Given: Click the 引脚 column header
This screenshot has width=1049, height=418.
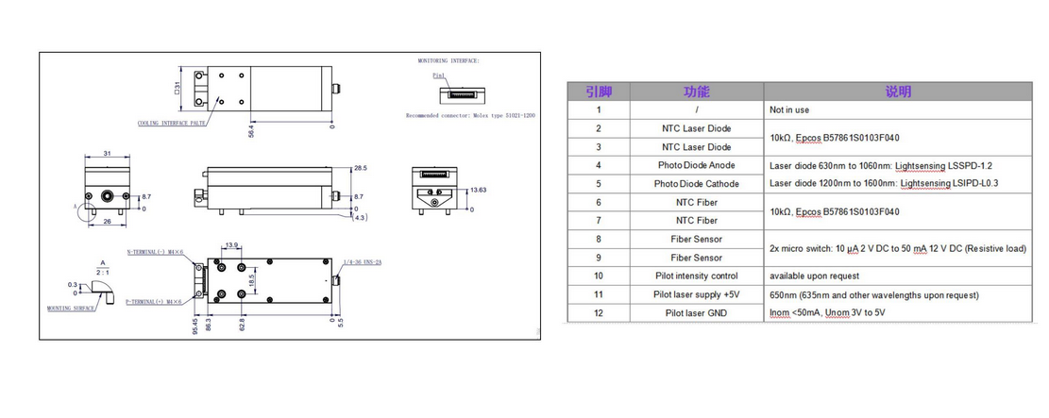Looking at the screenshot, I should tap(598, 92).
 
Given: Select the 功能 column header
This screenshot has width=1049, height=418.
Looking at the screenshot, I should tap(696, 92).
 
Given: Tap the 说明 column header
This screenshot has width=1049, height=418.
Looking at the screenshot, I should tap(897, 92).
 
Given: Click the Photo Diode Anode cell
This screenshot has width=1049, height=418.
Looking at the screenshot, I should tap(696, 165).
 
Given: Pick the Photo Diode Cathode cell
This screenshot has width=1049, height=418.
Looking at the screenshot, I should tap(696, 183).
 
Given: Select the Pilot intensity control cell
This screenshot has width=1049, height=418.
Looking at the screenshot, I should tap(696, 276).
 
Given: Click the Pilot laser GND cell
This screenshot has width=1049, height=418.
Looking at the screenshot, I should tap(696, 312).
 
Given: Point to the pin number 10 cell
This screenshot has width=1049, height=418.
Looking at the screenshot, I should tap(598, 276).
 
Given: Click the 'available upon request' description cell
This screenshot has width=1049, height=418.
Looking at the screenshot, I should tap(816, 276).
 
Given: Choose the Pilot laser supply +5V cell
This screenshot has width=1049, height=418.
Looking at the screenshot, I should tap(696, 294).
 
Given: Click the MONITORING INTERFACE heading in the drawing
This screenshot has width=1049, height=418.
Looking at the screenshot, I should tap(448, 60).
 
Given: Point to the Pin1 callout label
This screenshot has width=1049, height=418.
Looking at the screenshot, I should tap(438, 75).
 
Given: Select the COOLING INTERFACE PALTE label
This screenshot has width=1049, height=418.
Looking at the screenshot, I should tap(172, 123).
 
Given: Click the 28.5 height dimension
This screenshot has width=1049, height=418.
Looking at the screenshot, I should tap(360, 167).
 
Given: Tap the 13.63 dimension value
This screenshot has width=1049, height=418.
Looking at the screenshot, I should tap(479, 190).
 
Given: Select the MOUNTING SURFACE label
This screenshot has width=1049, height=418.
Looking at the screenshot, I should tap(73, 308).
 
